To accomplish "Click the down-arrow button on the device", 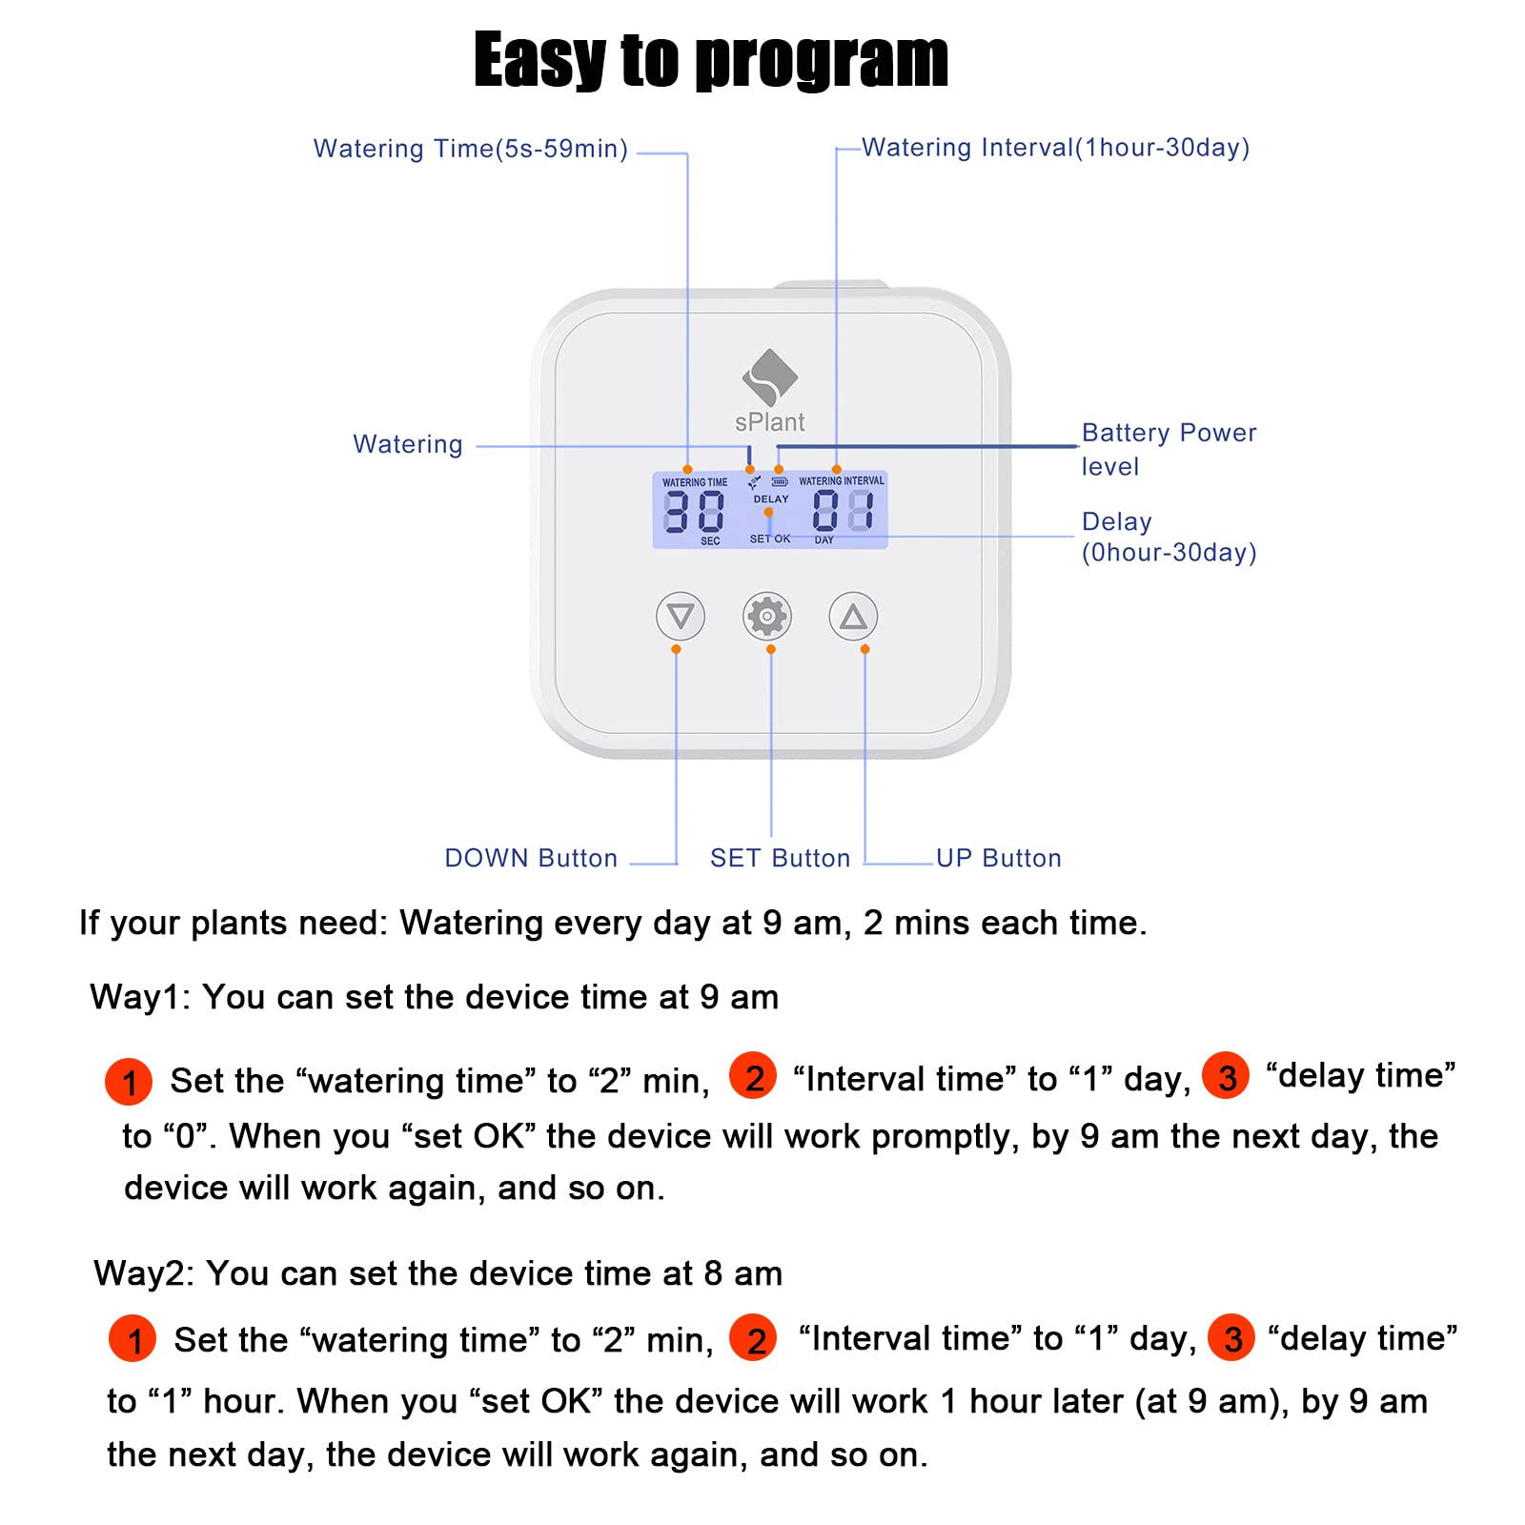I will point(681,617).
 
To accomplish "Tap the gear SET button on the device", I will point(767,617).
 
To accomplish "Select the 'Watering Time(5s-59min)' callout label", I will point(471,150).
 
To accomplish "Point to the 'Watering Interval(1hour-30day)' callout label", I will point(1055,149).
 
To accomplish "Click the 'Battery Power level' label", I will point(1169,449).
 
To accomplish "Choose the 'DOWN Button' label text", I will point(531,859).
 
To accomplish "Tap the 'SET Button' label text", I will point(780,859).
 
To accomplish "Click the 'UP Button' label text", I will point(998,859).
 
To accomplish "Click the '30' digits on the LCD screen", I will point(694,512).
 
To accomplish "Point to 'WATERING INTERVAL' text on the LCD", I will point(841,481).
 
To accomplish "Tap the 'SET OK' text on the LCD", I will point(770,539).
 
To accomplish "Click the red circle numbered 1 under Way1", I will point(129,1082).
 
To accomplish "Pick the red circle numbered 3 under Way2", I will point(1231,1338).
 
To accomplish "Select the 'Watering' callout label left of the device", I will point(408,445).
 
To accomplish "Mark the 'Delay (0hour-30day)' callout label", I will point(1169,537).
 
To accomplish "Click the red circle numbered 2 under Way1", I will point(753,1077).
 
